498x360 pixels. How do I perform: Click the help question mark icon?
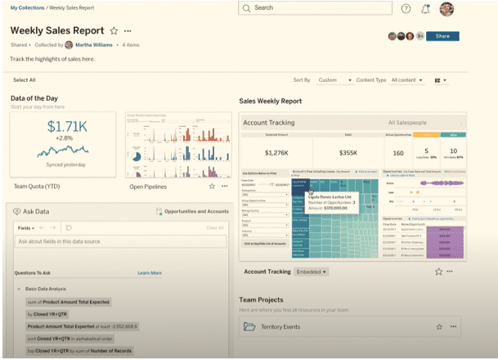(406, 8)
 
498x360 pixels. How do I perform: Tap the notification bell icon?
(425, 9)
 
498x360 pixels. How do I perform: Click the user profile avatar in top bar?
(446, 9)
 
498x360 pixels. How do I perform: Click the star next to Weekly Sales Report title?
(114, 31)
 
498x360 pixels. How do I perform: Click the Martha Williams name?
(94, 45)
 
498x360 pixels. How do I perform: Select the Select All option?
(25, 80)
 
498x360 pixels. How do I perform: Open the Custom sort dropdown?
(334, 80)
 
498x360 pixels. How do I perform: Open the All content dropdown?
(409, 80)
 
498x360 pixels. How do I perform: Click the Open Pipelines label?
(148, 187)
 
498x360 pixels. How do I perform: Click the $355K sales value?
(348, 152)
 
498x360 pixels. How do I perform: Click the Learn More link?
(149, 272)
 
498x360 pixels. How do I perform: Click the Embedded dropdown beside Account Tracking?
(312, 271)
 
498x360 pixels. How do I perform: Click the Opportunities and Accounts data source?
(195, 211)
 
